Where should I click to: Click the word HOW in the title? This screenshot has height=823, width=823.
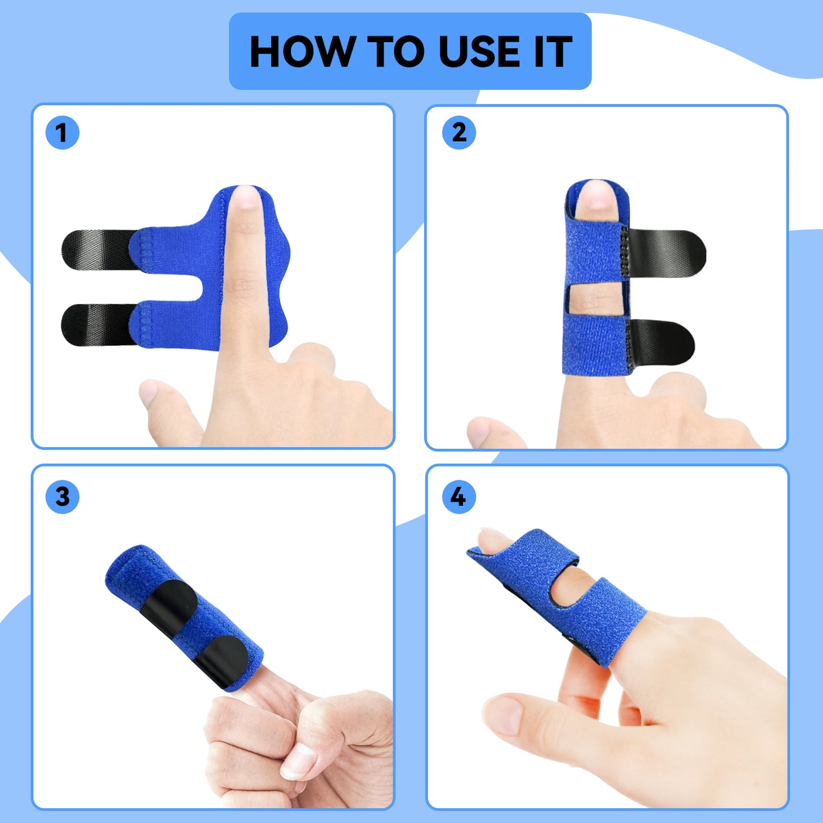coord(301,52)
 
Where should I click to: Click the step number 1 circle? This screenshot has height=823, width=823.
coord(62,133)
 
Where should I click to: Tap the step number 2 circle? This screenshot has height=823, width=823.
coord(458,133)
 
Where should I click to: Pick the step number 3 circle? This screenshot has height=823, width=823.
coord(62,497)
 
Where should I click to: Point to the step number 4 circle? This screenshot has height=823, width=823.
coord(458,497)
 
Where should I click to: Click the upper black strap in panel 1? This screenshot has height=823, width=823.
coord(97,248)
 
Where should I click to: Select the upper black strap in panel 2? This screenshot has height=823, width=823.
coord(666,254)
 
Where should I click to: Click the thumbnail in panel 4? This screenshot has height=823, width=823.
coord(503,715)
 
